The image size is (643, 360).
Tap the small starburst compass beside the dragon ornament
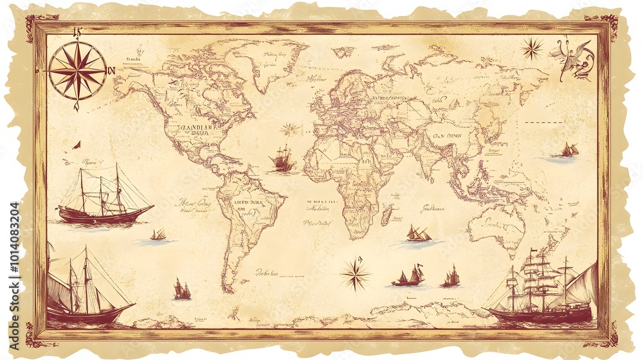(532, 49)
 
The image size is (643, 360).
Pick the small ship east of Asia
(569, 150)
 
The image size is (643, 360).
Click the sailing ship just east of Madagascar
(417, 234)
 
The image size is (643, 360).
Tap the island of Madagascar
(387, 215)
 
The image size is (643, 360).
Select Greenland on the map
(270, 61)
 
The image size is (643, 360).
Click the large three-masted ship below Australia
(540, 289)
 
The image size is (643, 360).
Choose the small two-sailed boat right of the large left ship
(158, 235)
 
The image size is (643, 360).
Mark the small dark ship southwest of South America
(182, 290)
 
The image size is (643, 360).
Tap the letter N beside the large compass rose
(111, 71)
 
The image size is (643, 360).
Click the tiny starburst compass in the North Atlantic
(290, 129)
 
